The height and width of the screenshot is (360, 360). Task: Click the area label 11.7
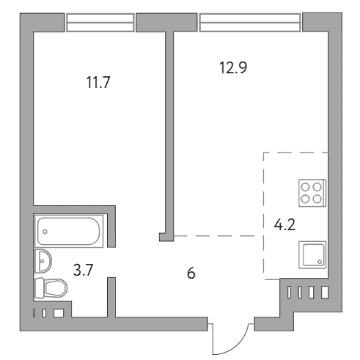[98, 82]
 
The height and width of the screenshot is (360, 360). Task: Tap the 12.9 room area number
[233, 67]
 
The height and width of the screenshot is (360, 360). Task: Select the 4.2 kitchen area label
[284, 225]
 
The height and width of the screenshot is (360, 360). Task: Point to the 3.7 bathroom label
[84, 270]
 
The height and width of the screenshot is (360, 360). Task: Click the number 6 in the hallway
[191, 273]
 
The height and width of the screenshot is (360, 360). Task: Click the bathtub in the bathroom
[69, 231]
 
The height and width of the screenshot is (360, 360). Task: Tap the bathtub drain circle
[45, 232]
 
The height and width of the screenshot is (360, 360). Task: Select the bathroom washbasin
[43, 261]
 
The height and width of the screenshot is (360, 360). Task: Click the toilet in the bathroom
[51, 288]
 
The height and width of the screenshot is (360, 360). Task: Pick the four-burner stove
[312, 193]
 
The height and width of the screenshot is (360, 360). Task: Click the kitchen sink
[312, 255]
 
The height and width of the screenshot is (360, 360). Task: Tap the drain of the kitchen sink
[320, 262]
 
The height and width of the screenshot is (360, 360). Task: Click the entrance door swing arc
[237, 346]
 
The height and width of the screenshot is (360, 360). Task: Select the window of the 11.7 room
[100, 23]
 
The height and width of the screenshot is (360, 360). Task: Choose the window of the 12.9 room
[250, 23]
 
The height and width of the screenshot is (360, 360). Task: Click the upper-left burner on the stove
[306, 187]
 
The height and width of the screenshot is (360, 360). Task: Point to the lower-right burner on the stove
[317, 199]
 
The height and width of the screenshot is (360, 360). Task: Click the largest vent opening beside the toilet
[59, 313]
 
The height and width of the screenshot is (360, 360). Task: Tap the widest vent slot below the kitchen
[325, 293]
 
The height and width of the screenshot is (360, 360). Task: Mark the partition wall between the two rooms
[169, 133]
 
